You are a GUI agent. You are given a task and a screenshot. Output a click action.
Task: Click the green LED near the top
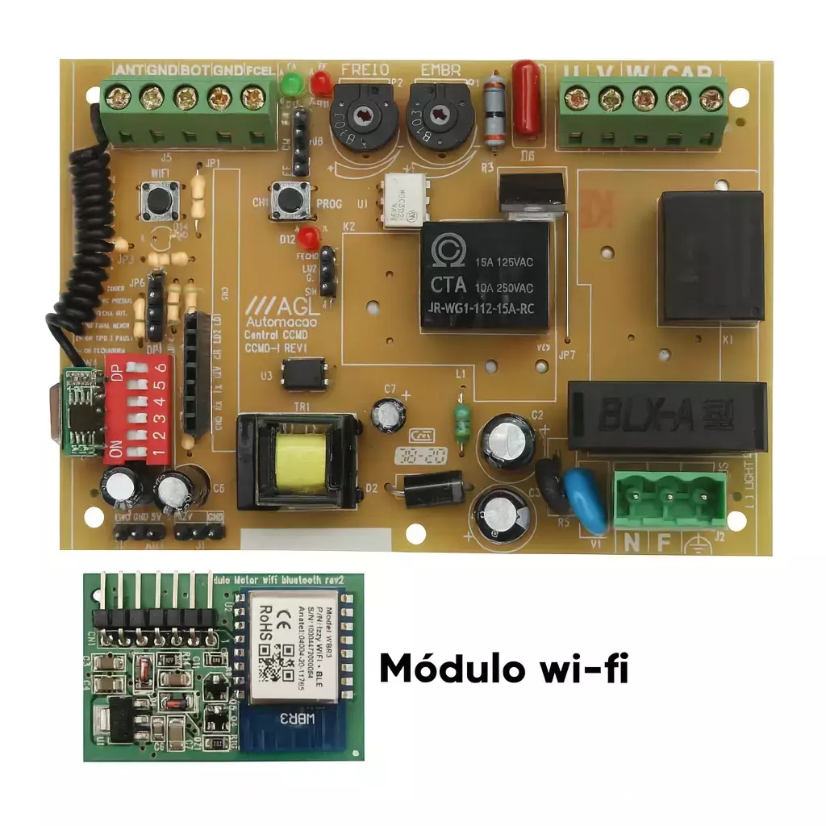pyautogui.click(x=290, y=83)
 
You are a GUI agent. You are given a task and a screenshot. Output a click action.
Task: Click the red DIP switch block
pyautogui.click(x=139, y=408)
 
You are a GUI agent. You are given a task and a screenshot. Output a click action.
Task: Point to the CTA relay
pyautogui.click(x=485, y=275)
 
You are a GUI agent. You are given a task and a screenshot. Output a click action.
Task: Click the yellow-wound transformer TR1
pyautogui.click(x=298, y=461)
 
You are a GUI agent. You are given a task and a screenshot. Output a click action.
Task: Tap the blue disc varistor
pyautogui.click(x=586, y=500)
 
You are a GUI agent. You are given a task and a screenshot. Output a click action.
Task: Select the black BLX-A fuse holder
pyautogui.click(x=666, y=416)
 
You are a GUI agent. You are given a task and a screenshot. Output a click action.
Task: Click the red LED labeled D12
pyautogui.click(x=307, y=237)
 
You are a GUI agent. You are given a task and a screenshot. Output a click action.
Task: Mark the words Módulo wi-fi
pyautogui.click(x=503, y=669)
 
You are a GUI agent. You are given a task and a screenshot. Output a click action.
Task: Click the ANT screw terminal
pyautogui.click(x=118, y=98)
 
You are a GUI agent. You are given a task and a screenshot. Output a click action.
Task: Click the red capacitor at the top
pyautogui.click(x=527, y=96)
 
